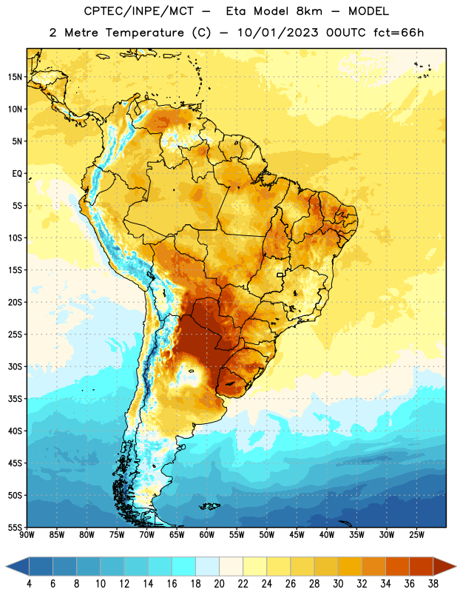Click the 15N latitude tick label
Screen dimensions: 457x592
(x=15, y=77)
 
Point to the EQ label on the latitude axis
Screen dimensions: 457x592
(x=17, y=174)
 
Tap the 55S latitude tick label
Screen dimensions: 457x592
(x=15, y=527)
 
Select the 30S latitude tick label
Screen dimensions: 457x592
(x=15, y=366)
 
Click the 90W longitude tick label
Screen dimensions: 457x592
(x=27, y=535)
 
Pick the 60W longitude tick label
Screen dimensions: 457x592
(x=207, y=535)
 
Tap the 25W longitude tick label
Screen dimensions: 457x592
(x=416, y=535)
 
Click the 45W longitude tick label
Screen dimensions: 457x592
(x=297, y=535)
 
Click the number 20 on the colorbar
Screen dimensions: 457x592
(x=219, y=584)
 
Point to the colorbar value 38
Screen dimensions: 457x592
(x=433, y=584)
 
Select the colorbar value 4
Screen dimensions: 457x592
(x=29, y=584)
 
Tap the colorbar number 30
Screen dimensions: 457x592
(x=338, y=584)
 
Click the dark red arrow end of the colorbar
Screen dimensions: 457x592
(x=444, y=566)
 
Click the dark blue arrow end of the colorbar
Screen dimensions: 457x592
(x=18, y=566)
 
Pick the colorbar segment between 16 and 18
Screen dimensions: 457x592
(x=184, y=566)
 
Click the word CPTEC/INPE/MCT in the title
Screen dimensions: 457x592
(x=139, y=11)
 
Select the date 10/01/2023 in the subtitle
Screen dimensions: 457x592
(x=278, y=33)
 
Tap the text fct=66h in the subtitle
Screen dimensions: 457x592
(x=399, y=33)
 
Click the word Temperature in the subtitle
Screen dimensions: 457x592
(x=144, y=33)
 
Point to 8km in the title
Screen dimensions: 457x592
(x=309, y=11)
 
